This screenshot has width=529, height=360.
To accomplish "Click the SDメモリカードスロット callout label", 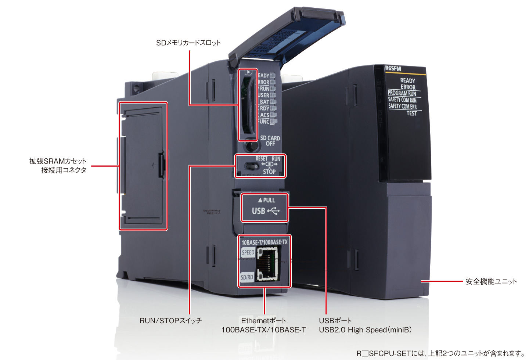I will click(188, 43).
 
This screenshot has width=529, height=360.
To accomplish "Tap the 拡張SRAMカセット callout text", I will click(58, 161).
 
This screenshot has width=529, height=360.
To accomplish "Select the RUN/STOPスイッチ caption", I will click(170, 320).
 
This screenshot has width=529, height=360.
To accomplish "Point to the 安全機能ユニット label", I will click(491, 281).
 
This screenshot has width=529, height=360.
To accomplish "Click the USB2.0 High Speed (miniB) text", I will click(365, 330).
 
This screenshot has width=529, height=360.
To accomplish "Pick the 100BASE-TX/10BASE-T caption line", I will click(263, 330).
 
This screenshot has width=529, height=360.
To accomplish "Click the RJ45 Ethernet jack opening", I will click(267, 263).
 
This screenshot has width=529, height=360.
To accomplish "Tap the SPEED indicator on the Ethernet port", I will click(248, 252).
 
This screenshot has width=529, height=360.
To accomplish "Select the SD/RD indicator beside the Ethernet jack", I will click(247, 277).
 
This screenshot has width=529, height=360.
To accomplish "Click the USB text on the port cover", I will click(259, 211).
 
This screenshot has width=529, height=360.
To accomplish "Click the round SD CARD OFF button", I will click(252, 145).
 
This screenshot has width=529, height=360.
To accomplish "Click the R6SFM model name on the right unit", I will click(393, 69).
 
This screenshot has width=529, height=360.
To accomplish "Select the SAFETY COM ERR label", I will click(403, 107).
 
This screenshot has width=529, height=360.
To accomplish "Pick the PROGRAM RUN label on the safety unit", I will click(402, 93).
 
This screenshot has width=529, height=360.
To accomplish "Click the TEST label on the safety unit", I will click(411, 113).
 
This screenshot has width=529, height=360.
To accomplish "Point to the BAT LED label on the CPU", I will click(264, 102).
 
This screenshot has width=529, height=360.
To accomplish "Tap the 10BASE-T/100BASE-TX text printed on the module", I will click(264, 242).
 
